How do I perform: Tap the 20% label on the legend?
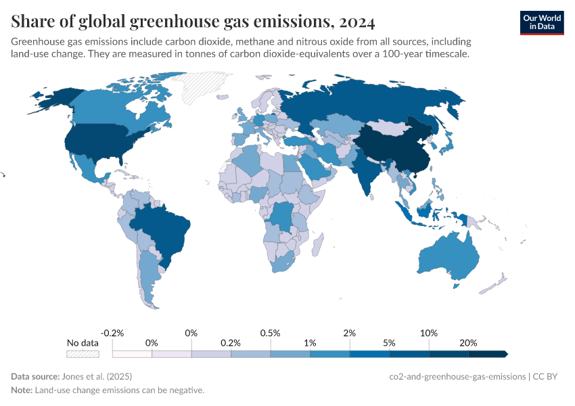(468, 343)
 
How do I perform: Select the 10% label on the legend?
(429, 333)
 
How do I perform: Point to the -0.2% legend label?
(112, 333)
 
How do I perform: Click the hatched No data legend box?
(83, 353)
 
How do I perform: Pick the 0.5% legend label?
(271, 333)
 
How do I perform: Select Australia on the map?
(448, 261)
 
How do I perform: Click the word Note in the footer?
(22, 390)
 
